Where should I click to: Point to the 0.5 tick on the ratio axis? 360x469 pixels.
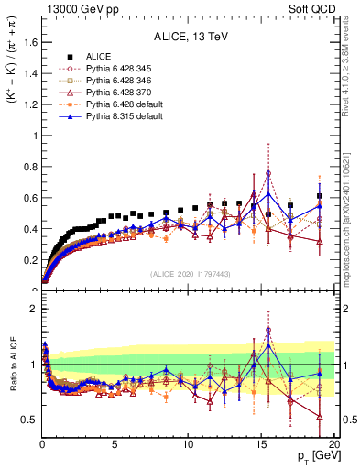[29, 420]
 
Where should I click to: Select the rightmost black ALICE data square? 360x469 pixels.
[319, 196]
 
